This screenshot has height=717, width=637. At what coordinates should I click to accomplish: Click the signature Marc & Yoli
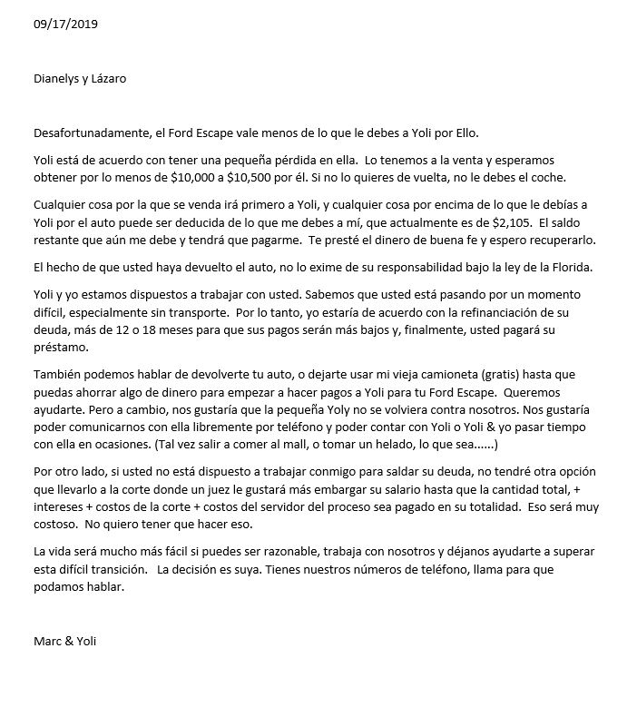click(64, 642)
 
